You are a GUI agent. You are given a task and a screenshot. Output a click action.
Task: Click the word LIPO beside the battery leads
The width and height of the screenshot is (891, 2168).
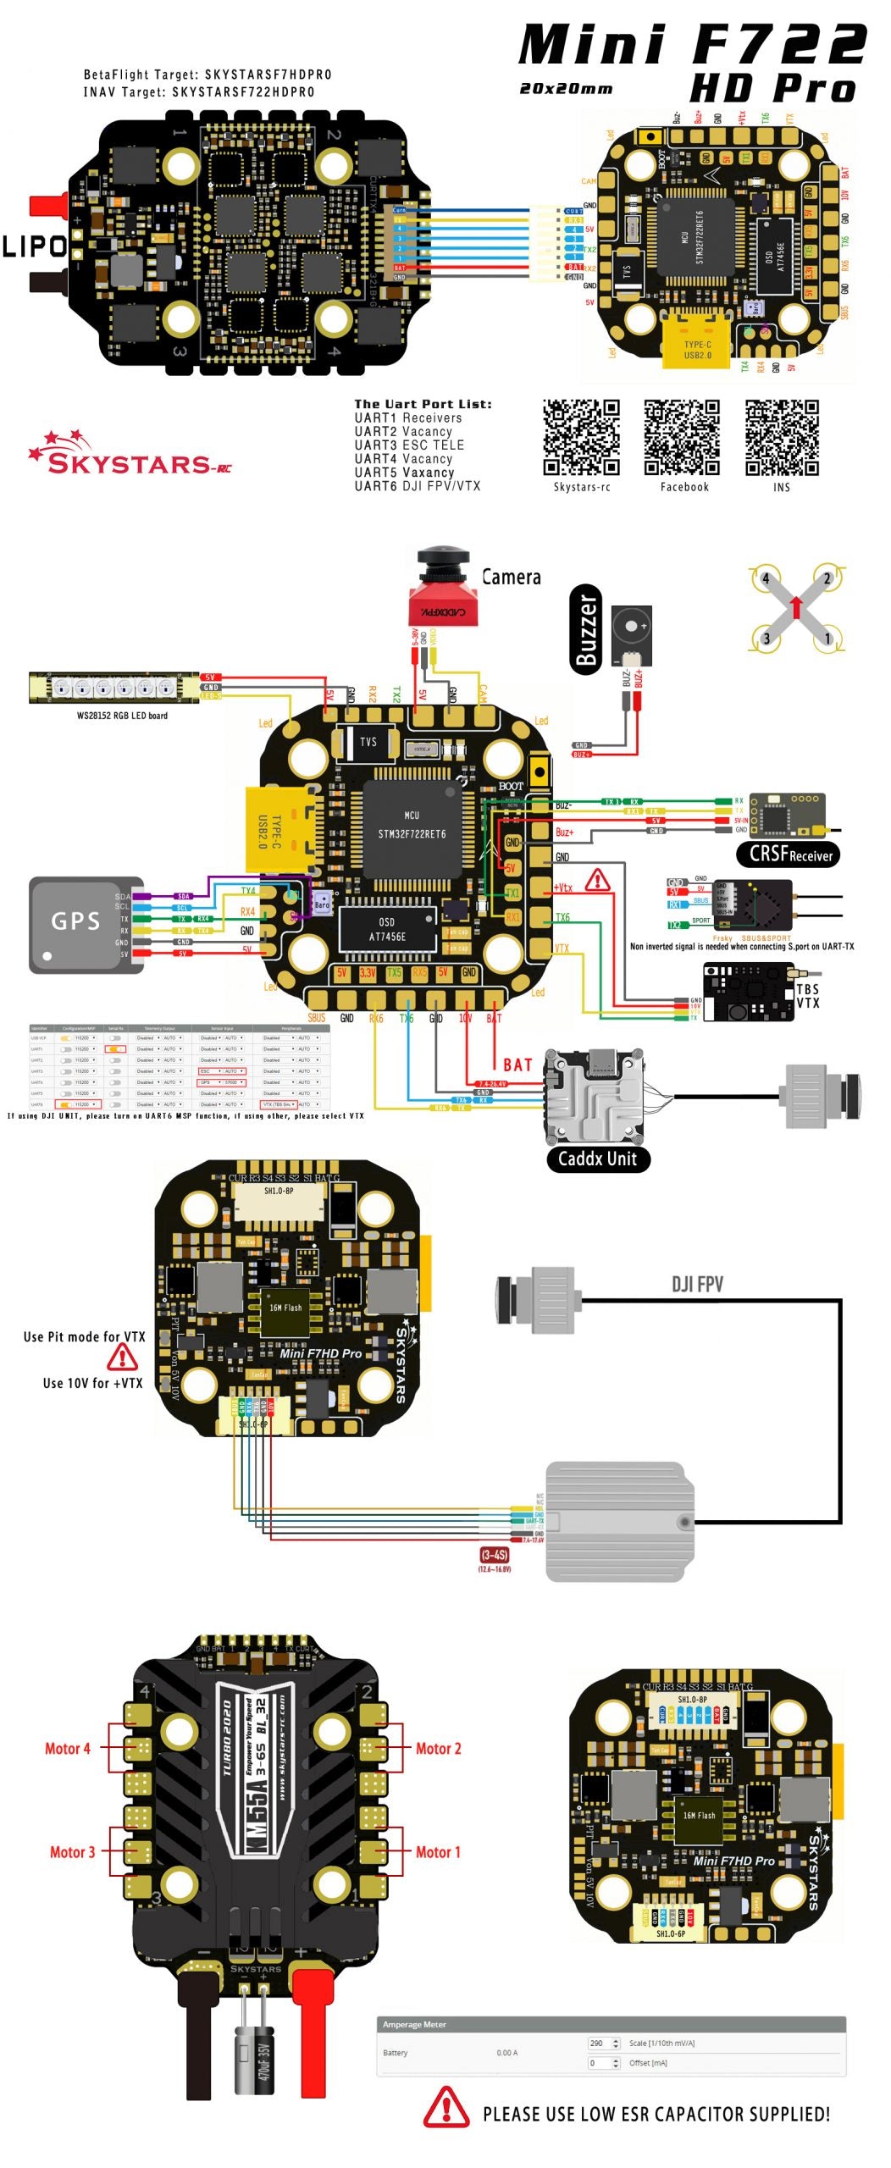pos(34,246)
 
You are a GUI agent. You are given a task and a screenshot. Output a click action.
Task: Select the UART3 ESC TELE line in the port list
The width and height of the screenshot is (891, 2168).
pos(409,445)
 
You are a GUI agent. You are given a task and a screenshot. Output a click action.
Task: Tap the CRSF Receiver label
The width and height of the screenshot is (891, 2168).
pos(790,854)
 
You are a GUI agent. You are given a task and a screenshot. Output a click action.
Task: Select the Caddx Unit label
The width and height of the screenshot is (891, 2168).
pos(597,1159)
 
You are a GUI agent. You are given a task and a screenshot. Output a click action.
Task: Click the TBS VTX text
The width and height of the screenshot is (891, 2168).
pos(807,996)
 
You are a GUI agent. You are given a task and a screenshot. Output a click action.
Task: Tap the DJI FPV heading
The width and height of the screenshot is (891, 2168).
pos(697,1284)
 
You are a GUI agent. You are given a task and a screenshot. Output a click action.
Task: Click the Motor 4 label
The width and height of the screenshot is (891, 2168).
pos(67,1749)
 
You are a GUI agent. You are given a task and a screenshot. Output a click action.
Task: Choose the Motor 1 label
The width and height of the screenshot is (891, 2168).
pos(437,1852)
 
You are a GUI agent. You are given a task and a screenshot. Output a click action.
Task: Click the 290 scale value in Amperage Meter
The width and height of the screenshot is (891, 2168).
pos(597,2043)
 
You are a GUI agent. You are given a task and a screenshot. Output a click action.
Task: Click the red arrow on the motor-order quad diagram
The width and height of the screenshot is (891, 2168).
pos(796,606)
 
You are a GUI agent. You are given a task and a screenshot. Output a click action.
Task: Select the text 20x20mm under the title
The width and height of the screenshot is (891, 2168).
pos(566,89)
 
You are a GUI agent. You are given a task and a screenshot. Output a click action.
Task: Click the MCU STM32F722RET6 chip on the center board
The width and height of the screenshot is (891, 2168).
pos(412,825)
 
